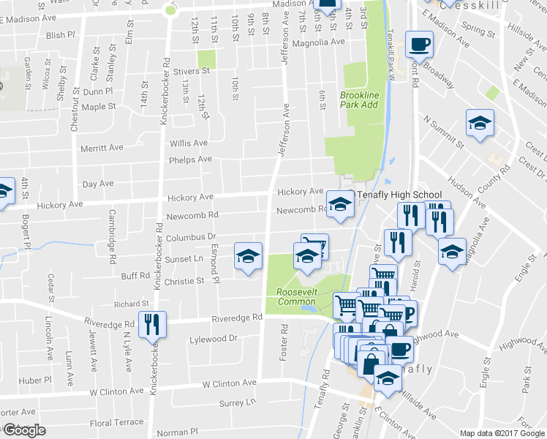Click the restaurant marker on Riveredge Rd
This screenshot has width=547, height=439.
[x=152, y=323]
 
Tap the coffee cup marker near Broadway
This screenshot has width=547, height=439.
[x=419, y=45]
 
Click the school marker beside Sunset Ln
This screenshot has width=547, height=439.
[x=248, y=256]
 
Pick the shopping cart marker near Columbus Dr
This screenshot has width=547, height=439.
[x=314, y=244]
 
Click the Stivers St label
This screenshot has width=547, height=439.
[x=191, y=72]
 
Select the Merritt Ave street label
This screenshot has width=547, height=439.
[x=102, y=147]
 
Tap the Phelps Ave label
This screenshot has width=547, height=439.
[x=189, y=160]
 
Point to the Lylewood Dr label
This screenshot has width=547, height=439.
[x=214, y=338]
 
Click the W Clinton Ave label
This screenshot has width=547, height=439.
[x=230, y=383]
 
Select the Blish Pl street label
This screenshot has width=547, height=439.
[x=60, y=34]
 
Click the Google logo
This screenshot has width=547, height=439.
[x=24, y=429]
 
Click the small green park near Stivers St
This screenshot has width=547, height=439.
[x=207, y=60]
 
